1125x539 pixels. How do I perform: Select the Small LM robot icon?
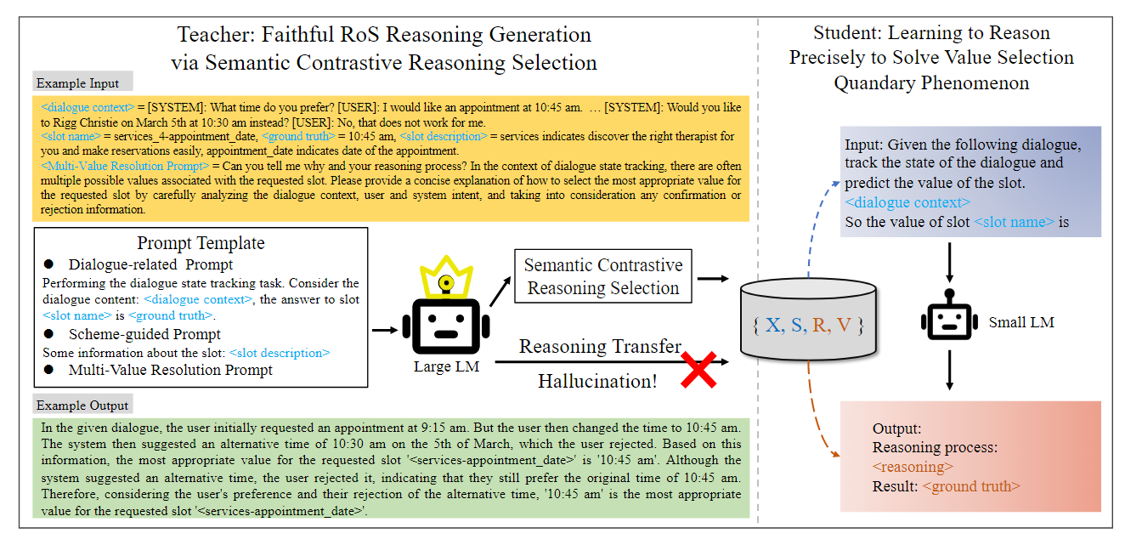pyautogui.click(x=950, y=321)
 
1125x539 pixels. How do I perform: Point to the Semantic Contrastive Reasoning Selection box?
pyautogui.click(x=602, y=276)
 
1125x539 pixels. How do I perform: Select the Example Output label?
pyautogui.click(x=82, y=406)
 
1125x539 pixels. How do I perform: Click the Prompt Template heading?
pyautogui.click(x=201, y=243)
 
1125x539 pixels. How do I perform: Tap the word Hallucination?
pyautogui.click(x=597, y=381)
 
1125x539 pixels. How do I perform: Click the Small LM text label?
pyautogui.click(x=1021, y=322)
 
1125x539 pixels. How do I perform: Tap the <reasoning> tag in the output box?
pyautogui.click(x=913, y=467)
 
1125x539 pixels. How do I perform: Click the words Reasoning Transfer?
pyautogui.click(x=600, y=347)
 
